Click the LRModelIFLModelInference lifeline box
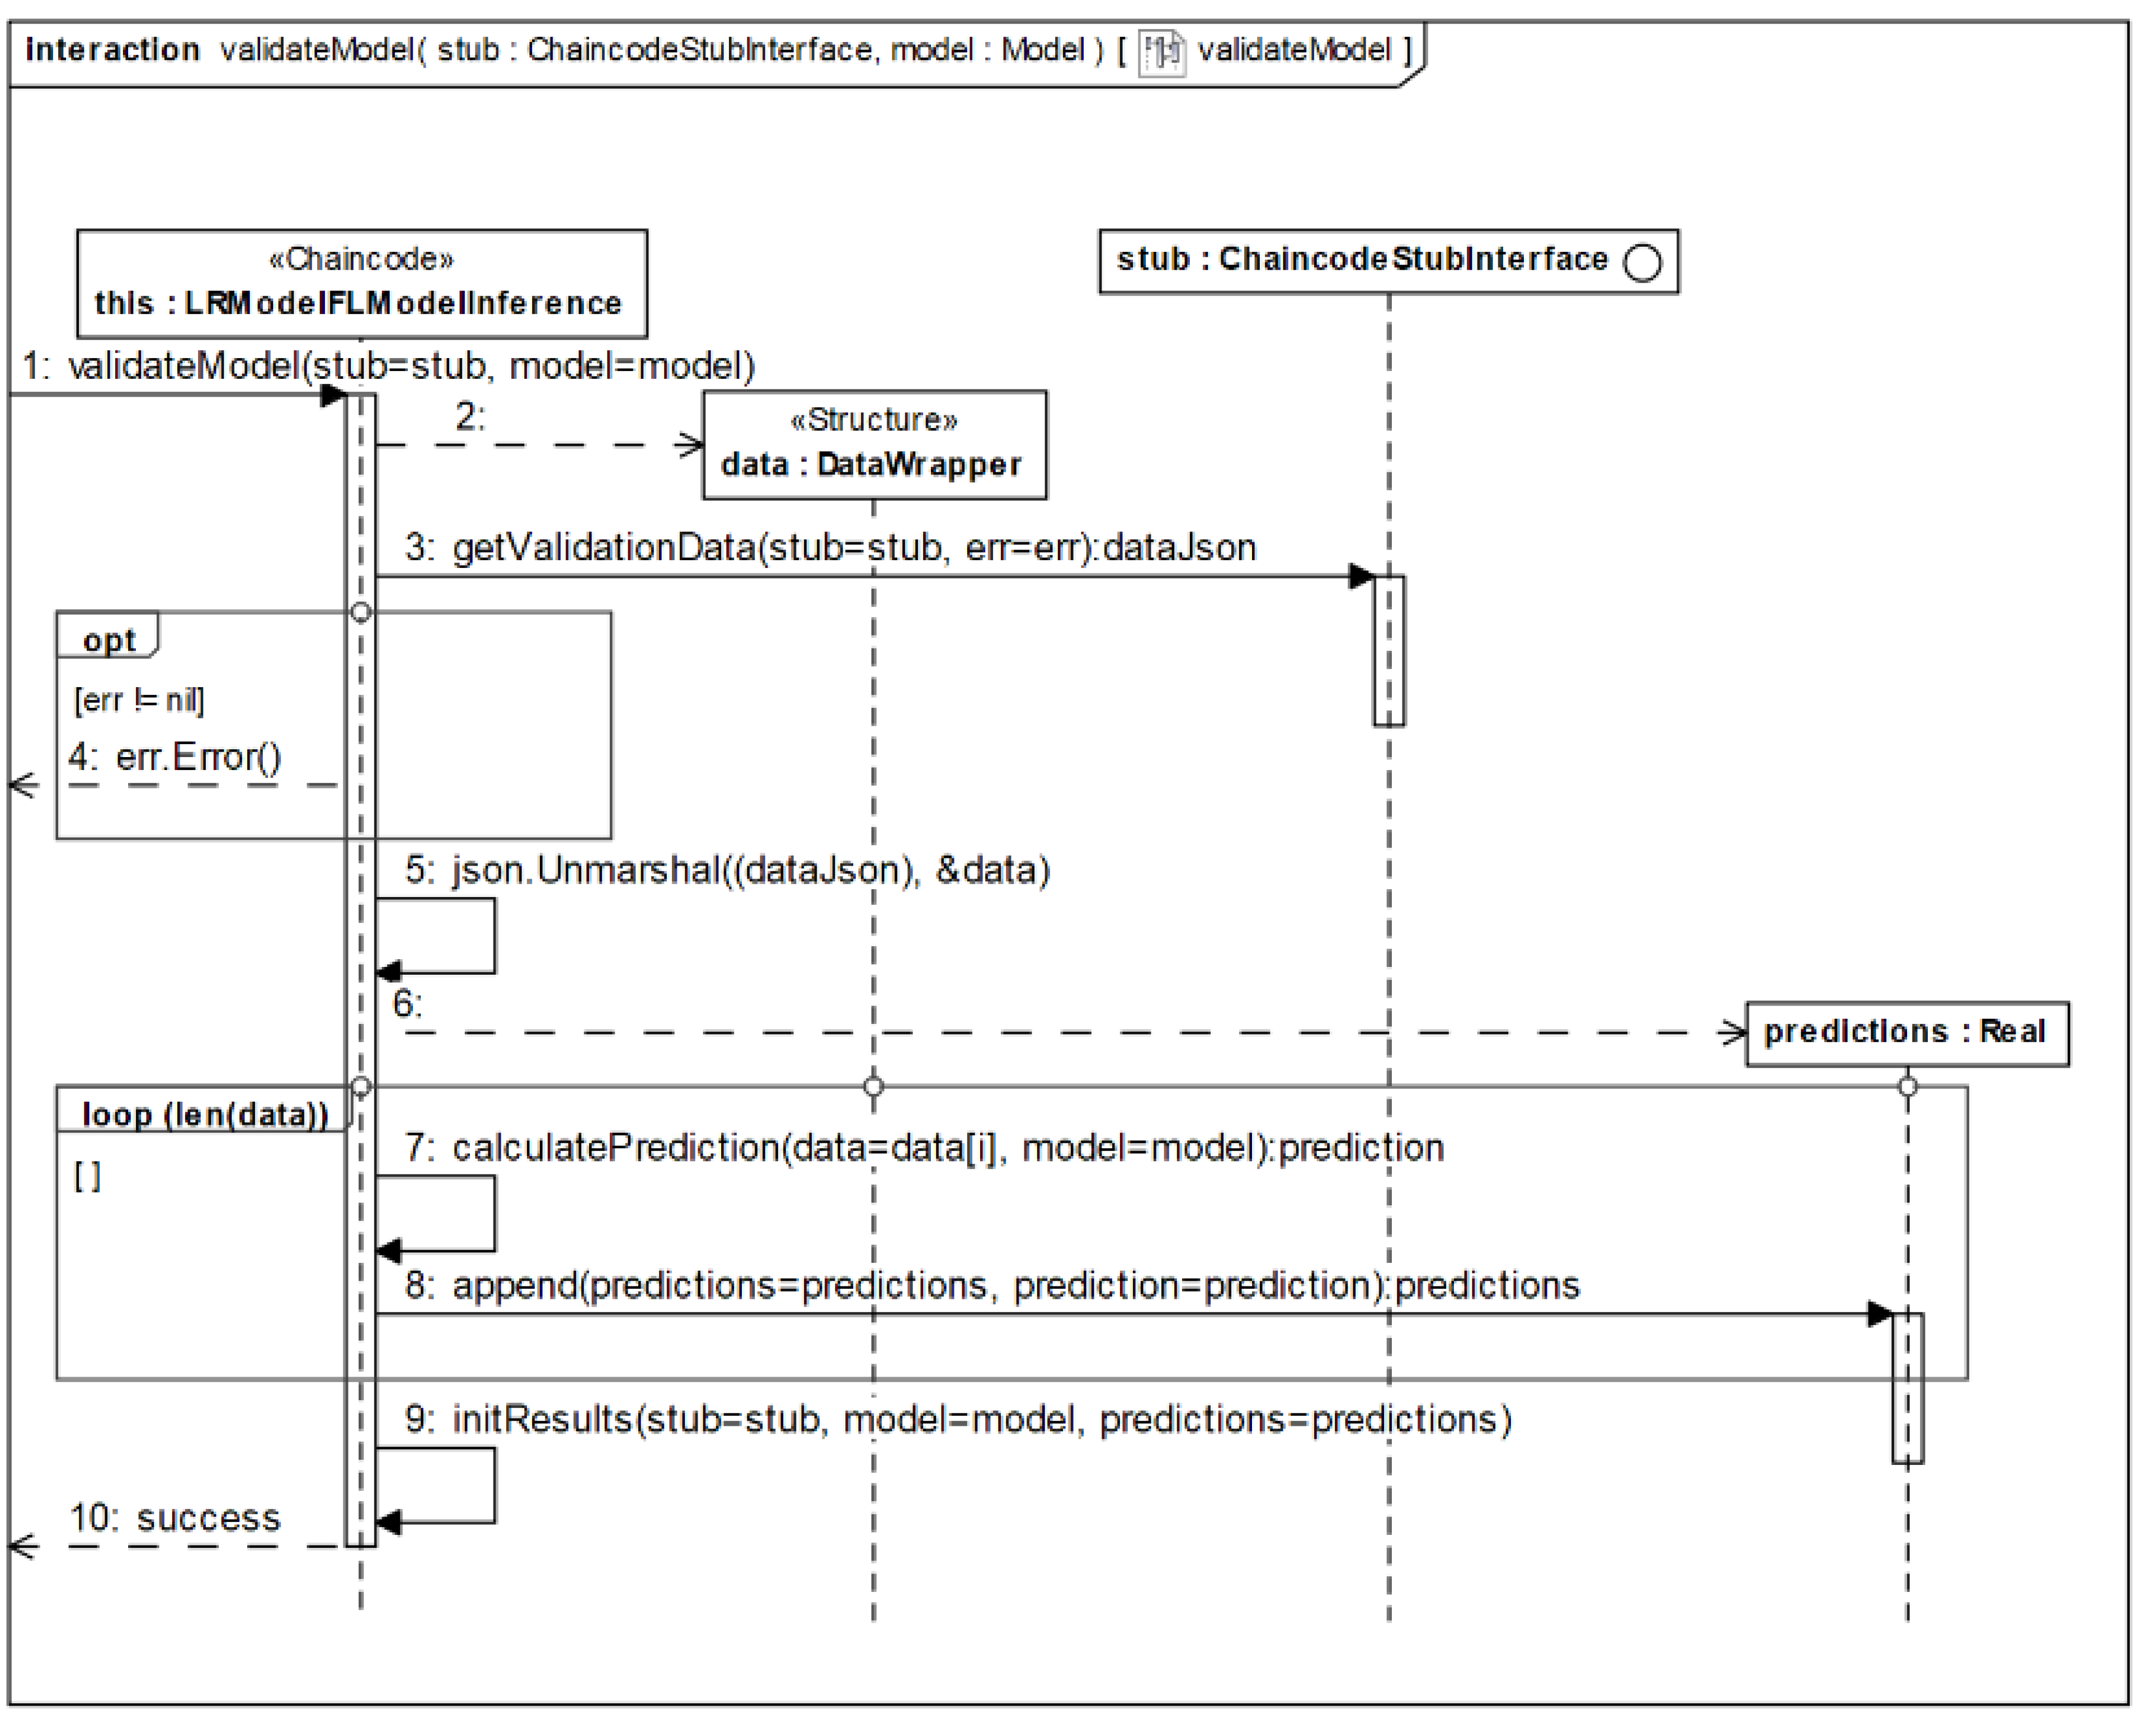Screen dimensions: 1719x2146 click(x=361, y=284)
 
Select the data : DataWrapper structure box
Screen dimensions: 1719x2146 click(x=874, y=445)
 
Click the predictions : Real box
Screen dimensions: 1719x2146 click(x=1906, y=1033)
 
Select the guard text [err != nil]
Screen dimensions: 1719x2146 click(x=139, y=700)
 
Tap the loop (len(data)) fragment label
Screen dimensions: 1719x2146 click(x=204, y=1114)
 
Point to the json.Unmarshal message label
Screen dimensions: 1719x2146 click(x=727, y=870)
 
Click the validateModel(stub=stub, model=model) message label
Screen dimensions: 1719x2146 click(x=388, y=367)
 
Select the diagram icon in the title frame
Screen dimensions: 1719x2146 click(x=1161, y=51)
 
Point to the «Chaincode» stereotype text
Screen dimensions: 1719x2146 click(x=361, y=259)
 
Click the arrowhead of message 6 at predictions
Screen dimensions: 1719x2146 click(x=1733, y=1033)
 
